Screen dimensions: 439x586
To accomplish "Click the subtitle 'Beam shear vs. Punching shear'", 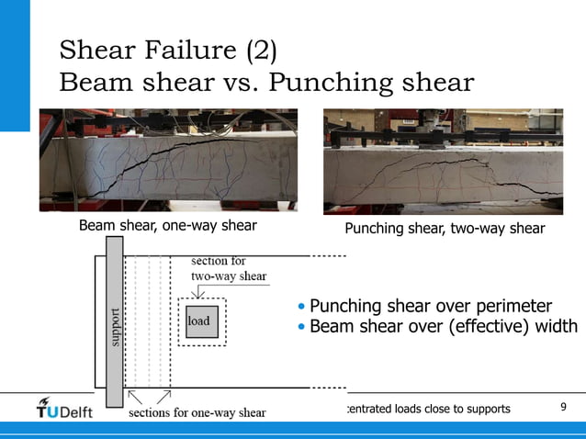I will point(266,83).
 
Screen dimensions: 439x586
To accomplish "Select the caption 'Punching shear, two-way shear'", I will point(445,228).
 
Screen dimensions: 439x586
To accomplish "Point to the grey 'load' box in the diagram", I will point(201,321).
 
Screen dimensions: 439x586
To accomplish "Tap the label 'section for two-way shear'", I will point(228,268).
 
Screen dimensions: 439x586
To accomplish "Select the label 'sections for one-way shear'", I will point(197,412).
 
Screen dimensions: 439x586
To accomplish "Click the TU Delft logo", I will point(64,409).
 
